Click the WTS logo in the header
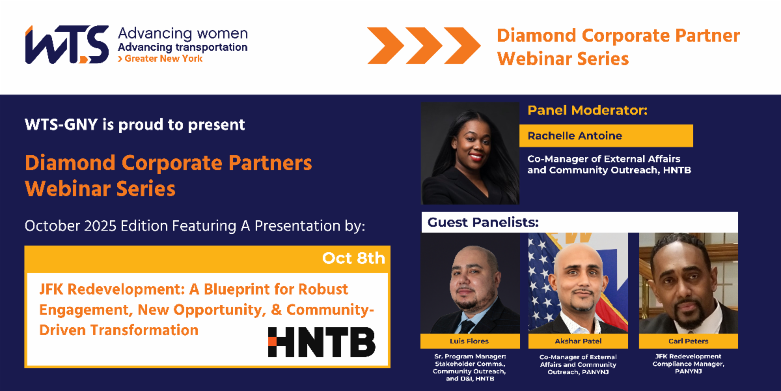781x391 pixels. (x=67, y=45)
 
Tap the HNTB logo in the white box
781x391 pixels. (x=322, y=342)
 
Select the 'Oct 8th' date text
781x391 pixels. (x=353, y=258)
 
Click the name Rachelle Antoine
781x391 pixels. (x=575, y=136)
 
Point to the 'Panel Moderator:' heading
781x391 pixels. (x=588, y=110)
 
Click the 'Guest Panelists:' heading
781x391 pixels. (x=483, y=222)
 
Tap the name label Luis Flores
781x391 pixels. (x=469, y=341)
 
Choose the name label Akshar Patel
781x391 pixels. (x=578, y=341)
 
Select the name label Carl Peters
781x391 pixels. (x=689, y=341)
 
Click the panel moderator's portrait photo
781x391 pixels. (x=470, y=153)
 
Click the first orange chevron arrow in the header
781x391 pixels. (x=385, y=46)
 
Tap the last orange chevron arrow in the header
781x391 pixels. (x=462, y=46)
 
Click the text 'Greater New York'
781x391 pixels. (x=163, y=59)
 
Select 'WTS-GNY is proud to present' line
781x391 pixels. (x=135, y=124)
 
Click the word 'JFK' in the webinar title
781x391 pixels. (x=51, y=289)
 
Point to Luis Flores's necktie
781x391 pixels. (x=467, y=326)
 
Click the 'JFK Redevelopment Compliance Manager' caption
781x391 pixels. (x=689, y=364)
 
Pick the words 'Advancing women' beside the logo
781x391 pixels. (x=183, y=34)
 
